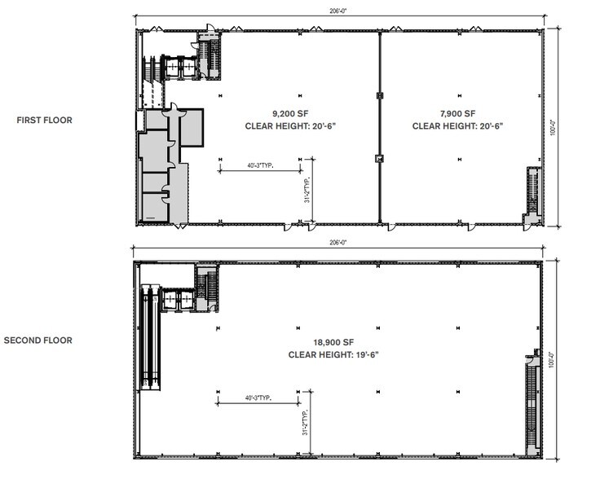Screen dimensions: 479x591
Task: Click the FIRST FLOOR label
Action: pyautogui.click(x=45, y=121)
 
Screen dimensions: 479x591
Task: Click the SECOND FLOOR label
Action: pyautogui.click(x=38, y=341)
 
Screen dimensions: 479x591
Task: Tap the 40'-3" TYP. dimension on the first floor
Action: pyautogui.click(x=259, y=166)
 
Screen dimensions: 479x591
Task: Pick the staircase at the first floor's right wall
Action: pyautogui.click(x=531, y=192)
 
